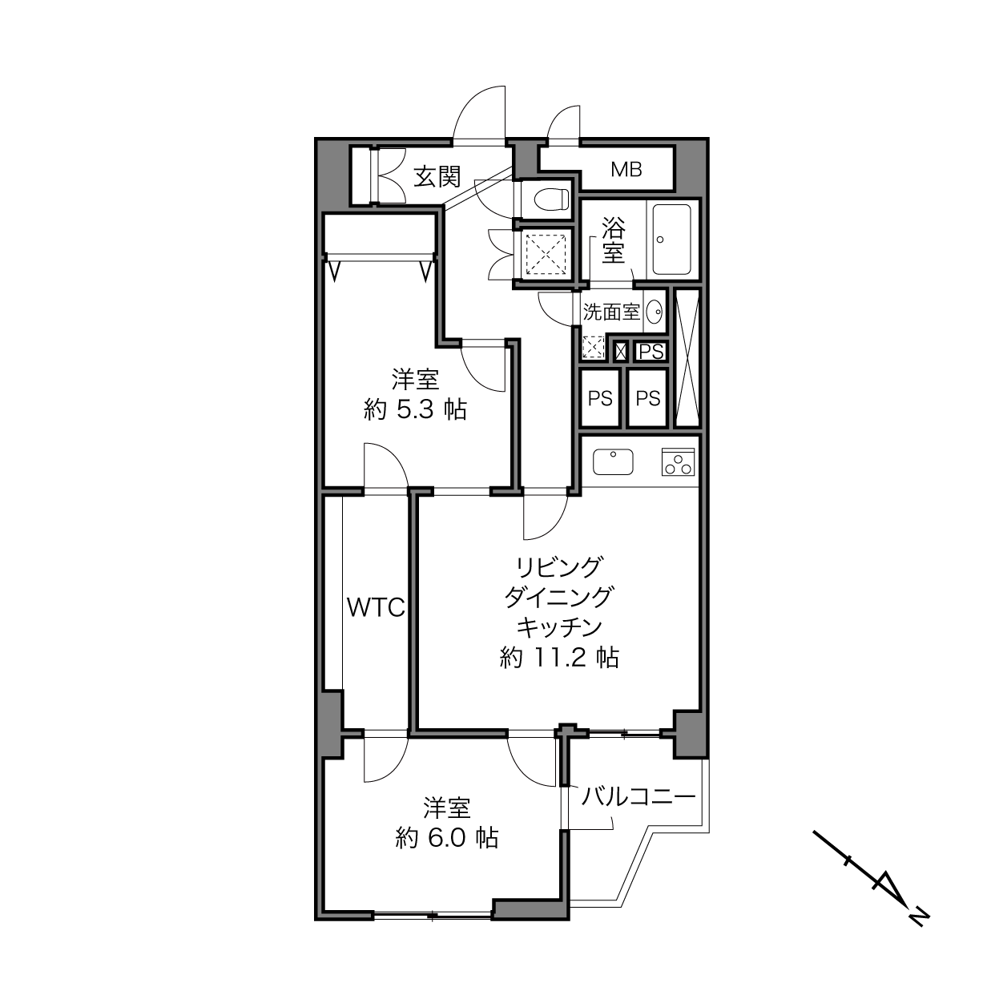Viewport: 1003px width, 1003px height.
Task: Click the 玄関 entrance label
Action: (437, 177)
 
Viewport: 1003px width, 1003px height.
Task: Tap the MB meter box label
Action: (626, 169)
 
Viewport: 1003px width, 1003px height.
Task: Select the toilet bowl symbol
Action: (552, 199)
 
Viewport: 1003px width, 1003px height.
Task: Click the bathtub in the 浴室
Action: (672, 240)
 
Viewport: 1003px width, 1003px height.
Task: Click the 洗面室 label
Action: (611, 312)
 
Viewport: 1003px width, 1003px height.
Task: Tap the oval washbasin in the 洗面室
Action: (655, 312)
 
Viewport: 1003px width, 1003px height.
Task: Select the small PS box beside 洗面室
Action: (651, 352)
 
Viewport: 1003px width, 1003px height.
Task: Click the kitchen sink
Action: (613, 461)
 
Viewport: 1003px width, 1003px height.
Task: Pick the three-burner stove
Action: (679, 461)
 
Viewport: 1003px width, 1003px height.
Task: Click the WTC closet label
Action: (376, 607)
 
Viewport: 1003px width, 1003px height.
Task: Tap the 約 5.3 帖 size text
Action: (415, 410)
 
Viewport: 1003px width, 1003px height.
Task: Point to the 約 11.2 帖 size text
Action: (559, 658)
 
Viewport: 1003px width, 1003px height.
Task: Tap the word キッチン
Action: (558, 627)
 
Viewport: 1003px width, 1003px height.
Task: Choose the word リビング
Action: (558, 567)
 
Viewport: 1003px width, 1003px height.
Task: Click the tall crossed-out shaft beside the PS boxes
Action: (687, 357)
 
